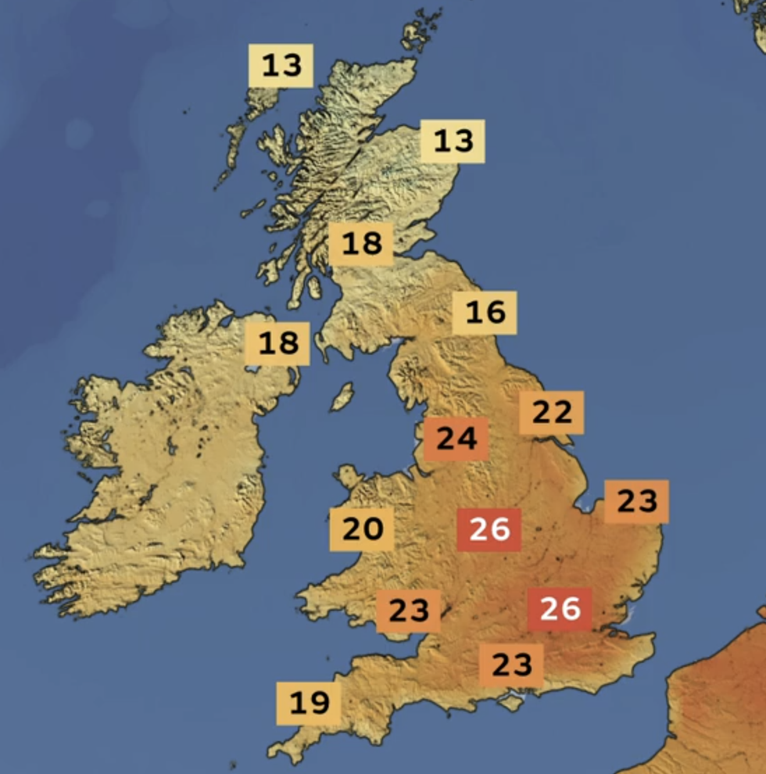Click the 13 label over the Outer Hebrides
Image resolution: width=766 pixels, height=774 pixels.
tap(281, 66)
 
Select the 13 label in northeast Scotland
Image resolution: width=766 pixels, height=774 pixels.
tap(453, 142)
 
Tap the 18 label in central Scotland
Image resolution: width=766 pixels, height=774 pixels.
tap(361, 244)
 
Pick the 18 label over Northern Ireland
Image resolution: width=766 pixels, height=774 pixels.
tap(277, 343)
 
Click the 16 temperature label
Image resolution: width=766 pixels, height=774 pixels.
tap(485, 313)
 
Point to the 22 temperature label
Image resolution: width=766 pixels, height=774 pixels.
tap(552, 412)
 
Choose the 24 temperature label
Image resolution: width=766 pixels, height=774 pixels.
tap(456, 439)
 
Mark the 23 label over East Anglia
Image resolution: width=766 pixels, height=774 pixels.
tap(636, 501)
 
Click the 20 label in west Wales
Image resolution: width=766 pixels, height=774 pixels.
tap(362, 529)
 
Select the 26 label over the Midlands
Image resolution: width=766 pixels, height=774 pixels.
tap(489, 529)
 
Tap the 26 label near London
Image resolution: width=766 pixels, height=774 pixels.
tap(560, 609)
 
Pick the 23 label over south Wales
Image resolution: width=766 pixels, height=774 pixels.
tap(408, 611)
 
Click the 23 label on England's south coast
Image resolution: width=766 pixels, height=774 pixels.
tap(511, 665)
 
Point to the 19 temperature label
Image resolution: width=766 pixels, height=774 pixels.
tap(309, 703)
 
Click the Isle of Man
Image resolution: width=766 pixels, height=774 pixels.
tap(342, 396)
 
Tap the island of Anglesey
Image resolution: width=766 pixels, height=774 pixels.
tap(348, 475)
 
